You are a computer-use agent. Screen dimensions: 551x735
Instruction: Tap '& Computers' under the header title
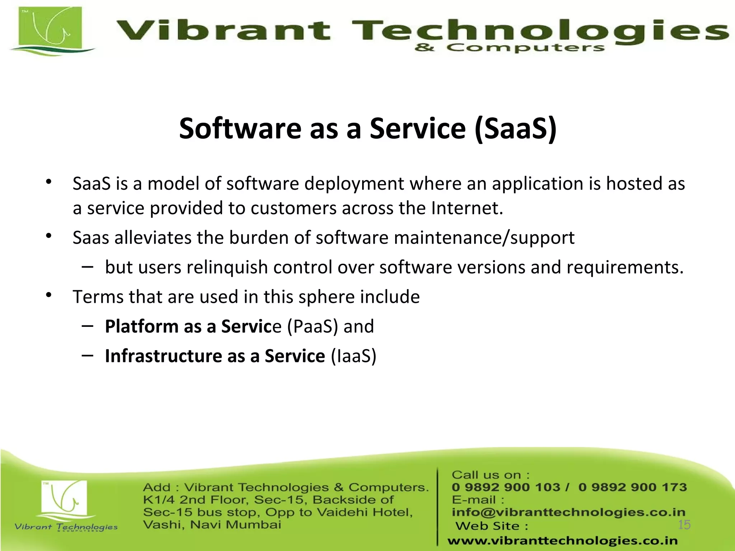(509, 48)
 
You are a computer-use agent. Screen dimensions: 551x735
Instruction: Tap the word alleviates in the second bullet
(153, 238)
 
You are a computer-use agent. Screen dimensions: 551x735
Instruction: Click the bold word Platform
(141, 326)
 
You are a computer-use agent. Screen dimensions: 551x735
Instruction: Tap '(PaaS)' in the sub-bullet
(313, 326)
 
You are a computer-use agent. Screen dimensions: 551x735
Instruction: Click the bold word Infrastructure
(163, 356)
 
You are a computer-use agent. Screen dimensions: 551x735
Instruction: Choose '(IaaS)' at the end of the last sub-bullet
(353, 356)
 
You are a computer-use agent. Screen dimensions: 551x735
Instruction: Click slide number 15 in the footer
(684, 525)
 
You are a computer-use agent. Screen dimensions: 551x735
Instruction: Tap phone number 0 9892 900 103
(506, 487)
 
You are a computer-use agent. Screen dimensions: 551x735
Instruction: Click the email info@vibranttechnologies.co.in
(568, 512)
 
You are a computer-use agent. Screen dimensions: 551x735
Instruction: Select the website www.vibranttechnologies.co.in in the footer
(562, 541)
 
